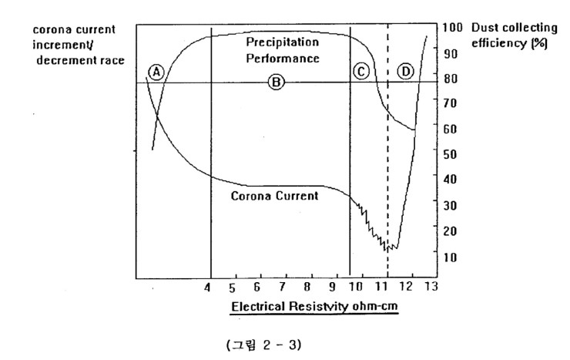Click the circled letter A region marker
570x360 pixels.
point(156,72)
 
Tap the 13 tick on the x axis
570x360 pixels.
point(431,288)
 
